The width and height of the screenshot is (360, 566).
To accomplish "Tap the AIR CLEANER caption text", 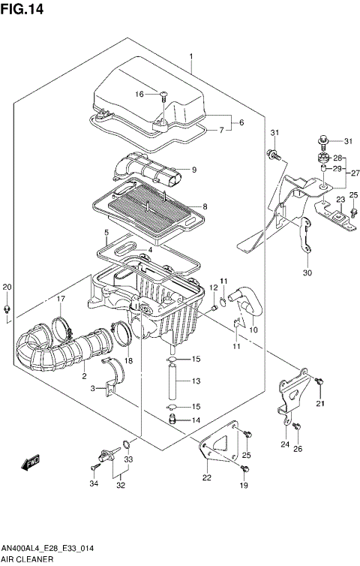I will [x=28, y=560].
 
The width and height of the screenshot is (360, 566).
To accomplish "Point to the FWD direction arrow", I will [x=31, y=463].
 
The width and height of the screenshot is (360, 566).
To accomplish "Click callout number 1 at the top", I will [x=192, y=57].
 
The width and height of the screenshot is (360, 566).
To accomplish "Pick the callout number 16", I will [x=139, y=94].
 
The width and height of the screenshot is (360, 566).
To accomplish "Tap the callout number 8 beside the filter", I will [x=204, y=206].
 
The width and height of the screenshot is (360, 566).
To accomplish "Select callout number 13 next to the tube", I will [x=195, y=381].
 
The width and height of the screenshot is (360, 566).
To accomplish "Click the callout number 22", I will [x=206, y=477].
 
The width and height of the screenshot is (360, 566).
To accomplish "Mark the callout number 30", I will [x=306, y=272].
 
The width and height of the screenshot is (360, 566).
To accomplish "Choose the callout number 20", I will [x=7, y=288].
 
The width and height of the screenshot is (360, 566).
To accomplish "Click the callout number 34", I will [x=94, y=483].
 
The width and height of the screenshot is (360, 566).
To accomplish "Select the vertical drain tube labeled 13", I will [x=172, y=381].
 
